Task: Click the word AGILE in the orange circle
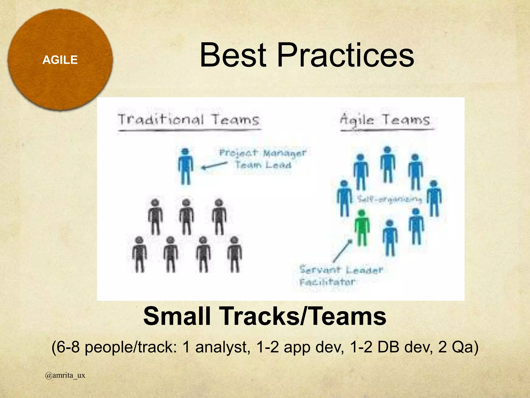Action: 60,60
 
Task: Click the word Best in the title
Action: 233,55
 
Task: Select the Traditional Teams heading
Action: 188,120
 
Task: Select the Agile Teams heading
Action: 385,120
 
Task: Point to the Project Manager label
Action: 262,153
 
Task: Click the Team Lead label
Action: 263,165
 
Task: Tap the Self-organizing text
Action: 389,199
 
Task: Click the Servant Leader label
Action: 341,270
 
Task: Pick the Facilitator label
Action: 328,282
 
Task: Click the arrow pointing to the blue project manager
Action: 214,166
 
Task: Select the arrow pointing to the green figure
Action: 342,251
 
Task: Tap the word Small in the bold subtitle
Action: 177,316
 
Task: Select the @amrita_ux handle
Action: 65,375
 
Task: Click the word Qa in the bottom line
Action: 462,347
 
